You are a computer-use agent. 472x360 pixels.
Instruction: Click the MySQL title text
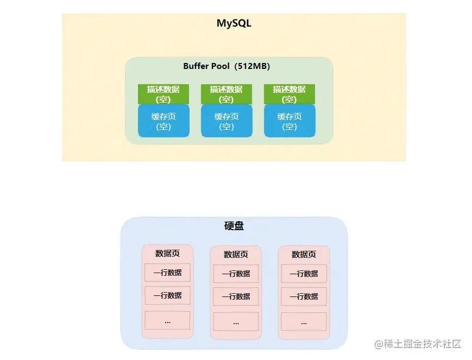(234, 24)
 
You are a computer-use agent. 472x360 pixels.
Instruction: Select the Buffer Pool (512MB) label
(226, 66)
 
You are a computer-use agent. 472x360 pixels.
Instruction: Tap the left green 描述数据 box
(163, 94)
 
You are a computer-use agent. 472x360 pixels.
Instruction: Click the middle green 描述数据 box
(226, 94)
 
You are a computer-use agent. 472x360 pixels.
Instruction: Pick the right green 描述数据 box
(289, 94)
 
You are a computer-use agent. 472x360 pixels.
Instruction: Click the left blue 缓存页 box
(163, 121)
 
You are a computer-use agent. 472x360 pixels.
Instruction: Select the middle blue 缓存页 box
(226, 121)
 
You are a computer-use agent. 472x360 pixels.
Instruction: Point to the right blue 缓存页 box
(290, 121)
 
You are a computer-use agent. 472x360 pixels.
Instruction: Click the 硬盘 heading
(234, 226)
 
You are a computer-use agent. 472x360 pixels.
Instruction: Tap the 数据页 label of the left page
(167, 254)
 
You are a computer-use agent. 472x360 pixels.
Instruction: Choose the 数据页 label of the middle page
(236, 255)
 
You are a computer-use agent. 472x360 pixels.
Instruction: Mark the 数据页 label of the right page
(304, 255)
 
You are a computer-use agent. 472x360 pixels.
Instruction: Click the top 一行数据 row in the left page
(167, 273)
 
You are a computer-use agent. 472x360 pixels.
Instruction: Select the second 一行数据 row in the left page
(167, 295)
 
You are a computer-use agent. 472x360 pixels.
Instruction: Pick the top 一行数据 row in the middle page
(236, 274)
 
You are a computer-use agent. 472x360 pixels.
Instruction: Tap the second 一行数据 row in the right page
(304, 296)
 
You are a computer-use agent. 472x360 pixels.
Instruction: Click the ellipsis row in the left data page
(167, 320)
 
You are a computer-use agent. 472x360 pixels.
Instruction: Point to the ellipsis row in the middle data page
(236, 321)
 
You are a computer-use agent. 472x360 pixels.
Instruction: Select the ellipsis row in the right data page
(304, 321)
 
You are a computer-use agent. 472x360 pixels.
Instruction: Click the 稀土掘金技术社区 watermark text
(417, 344)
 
